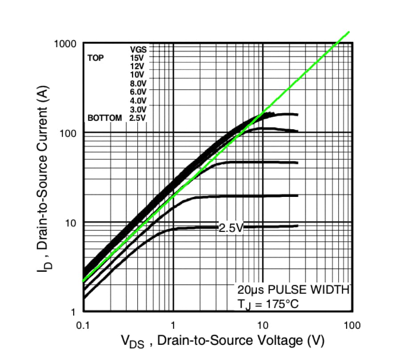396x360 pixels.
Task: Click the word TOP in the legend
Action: [95, 58]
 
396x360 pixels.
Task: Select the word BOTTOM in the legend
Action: [104, 118]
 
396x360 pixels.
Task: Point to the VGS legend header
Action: [138, 49]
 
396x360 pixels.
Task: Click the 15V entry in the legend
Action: [137, 57]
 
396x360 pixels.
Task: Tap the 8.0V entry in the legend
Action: [137, 83]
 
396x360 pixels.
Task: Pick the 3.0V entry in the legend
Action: [137, 110]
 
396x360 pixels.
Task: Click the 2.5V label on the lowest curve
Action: [231, 228]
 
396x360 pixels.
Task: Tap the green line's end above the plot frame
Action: [348, 32]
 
